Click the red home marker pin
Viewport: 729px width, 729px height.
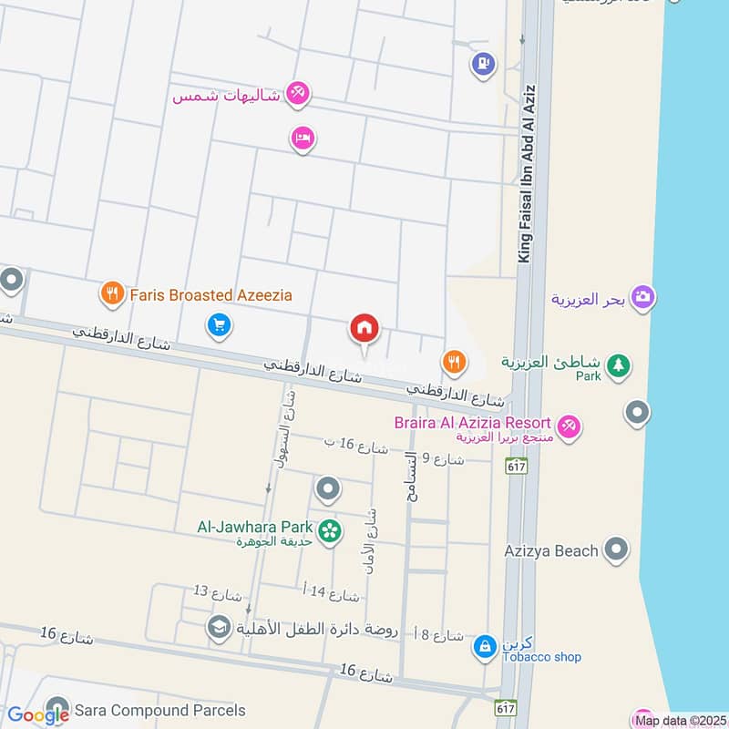(364, 329)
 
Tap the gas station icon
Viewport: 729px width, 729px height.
(482, 64)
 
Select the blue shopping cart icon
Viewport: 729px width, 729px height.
(218, 324)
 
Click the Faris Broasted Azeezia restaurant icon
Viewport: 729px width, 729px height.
(111, 293)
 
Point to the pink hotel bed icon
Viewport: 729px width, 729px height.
(303, 138)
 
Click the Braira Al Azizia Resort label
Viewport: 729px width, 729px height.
(472, 423)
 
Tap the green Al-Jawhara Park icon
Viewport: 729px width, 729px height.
(330, 529)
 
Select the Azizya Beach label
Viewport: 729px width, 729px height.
(550, 550)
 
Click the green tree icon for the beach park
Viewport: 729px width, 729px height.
(619, 365)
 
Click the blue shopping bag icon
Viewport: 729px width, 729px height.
(485, 647)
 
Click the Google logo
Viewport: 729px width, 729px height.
(38, 716)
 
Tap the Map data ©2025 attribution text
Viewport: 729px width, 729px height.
(679, 721)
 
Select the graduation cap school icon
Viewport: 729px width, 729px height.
(218, 627)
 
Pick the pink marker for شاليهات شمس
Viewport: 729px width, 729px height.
(297, 93)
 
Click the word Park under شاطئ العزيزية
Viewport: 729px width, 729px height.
(588, 375)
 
